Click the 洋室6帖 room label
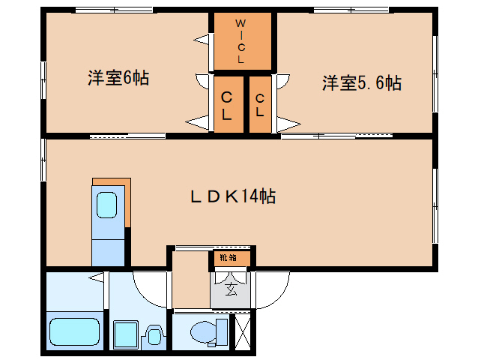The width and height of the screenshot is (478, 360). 118,78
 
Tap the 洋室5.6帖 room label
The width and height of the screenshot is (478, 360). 362,82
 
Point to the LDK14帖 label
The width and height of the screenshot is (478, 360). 232,196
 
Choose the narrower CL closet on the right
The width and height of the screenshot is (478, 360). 260,106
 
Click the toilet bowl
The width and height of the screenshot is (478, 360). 202,331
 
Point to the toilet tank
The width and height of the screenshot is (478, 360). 221,331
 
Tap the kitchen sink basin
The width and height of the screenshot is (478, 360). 107,204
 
